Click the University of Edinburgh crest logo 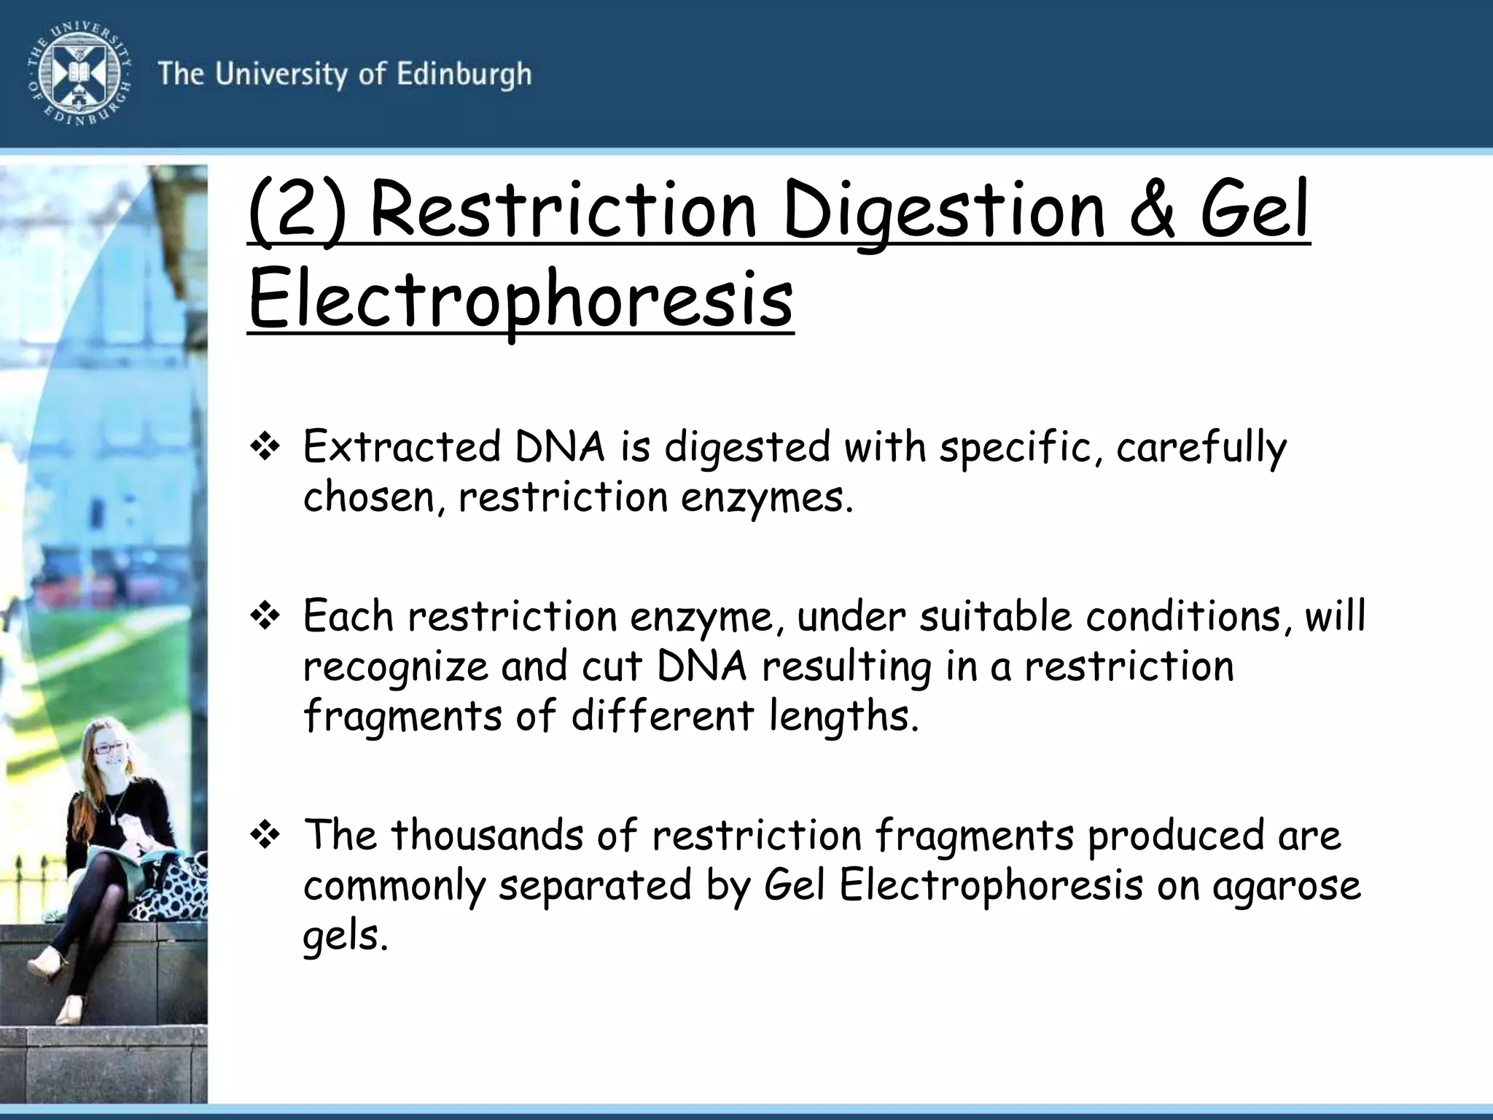pos(79,73)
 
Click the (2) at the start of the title pos(297,211)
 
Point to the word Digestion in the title pos(945,211)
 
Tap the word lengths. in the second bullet pos(843,716)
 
